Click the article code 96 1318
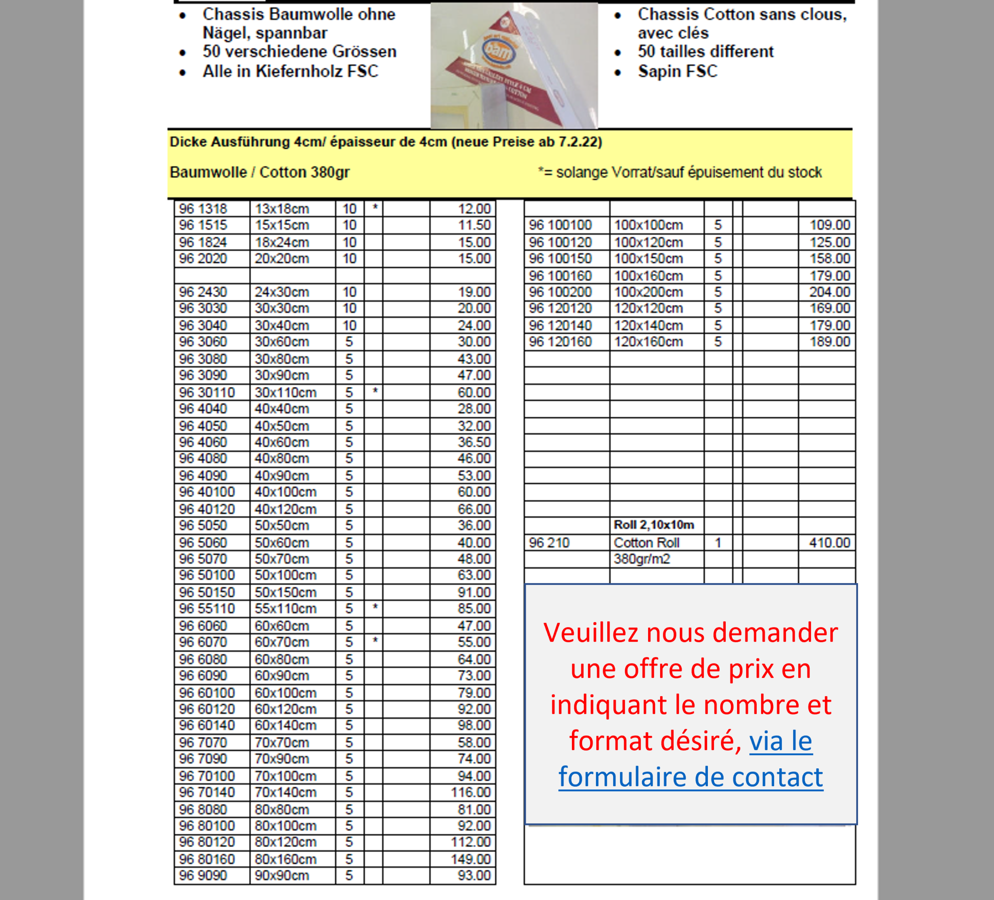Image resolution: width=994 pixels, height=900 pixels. pyautogui.click(x=203, y=209)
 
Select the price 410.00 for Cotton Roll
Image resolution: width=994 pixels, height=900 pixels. pyautogui.click(x=829, y=543)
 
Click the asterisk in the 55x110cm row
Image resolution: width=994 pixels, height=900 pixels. pyautogui.click(x=375, y=607)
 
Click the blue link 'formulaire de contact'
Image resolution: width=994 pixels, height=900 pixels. pyautogui.click(x=690, y=777)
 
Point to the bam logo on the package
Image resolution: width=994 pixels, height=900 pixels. pyautogui.click(x=498, y=51)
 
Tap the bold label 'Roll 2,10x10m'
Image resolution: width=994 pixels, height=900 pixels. pyautogui.click(x=654, y=525)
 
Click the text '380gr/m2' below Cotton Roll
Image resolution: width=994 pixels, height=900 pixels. pyautogui.click(x=641, y=559)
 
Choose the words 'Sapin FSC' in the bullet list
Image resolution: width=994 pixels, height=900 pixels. pyautogui.click(x=678, y=71)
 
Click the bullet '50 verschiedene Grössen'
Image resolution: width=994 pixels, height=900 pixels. pyautogui.click(x=299, y=51)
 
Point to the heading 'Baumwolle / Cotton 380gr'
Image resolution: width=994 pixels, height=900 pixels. pyautogui.click(x=259, y=172)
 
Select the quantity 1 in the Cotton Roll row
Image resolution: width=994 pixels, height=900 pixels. pyautogui.click(x=718, y=543)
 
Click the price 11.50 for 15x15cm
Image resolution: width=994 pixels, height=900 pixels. pyautogui.click(x=474, y=225)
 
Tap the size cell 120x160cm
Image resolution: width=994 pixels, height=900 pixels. pyautogui.click(x=648, y=341)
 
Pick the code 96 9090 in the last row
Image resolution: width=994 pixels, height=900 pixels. pyautogui.click(x=203, y=876)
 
